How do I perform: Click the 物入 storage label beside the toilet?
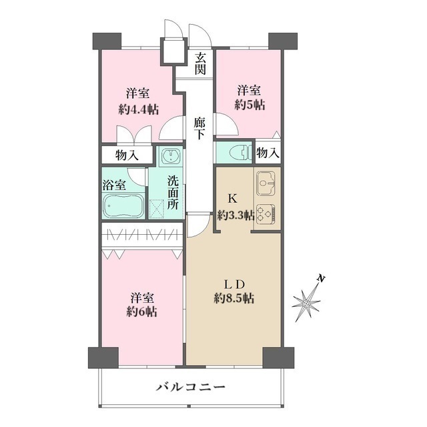pos(268,153)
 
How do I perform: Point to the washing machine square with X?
pos(159,209)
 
